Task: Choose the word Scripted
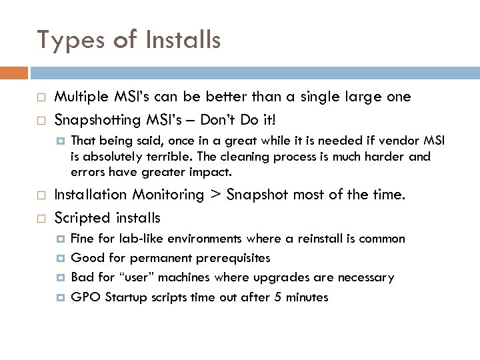[x=78, y=218]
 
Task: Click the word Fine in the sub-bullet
[x=81, y=239]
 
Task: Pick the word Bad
[x=81, y=277]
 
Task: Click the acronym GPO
[x=83, y=297]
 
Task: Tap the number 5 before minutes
[x=278, y=297]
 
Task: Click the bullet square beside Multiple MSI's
[x=41, y=97]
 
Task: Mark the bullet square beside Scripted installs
[x=41, y=218]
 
